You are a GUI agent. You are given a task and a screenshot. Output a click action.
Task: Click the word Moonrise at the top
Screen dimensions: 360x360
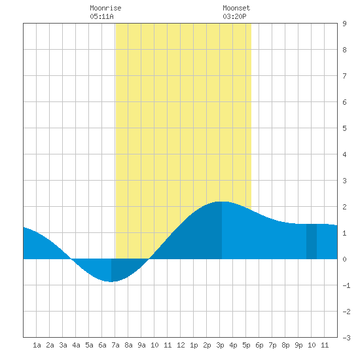click(105, 8)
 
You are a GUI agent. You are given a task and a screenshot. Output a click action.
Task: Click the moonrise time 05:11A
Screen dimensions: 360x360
click(101, 16)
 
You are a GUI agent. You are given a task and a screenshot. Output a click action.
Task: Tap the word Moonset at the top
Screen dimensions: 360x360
click(236, 8)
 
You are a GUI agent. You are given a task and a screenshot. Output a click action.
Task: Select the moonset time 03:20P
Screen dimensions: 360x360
click(234, 16)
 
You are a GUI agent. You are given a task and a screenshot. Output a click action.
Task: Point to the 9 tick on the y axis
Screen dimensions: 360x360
click(344, 24)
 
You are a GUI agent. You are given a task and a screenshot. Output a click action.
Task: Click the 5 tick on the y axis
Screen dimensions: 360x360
click(344, 128)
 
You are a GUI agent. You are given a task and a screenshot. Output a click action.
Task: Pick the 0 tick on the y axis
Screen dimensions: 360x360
click(344, 259)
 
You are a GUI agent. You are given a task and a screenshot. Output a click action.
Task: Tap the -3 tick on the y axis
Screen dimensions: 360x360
click(346, 338)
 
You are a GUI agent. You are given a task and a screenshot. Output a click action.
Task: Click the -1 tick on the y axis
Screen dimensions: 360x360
click(346, 285)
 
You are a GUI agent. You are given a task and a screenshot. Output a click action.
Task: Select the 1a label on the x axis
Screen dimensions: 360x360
click(37, 345)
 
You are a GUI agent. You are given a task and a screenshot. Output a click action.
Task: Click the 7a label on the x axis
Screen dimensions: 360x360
click(115, 345)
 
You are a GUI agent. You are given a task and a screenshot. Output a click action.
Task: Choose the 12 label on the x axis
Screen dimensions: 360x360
click(181, 345)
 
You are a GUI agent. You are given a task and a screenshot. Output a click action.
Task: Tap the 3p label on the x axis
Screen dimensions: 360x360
click(220, 345)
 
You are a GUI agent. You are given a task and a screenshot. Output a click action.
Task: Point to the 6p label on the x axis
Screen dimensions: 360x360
click(259, 345)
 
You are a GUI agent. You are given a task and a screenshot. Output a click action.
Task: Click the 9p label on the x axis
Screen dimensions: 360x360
click(298, 345)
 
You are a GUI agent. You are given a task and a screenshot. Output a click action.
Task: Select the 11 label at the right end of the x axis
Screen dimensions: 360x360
click(325, 345)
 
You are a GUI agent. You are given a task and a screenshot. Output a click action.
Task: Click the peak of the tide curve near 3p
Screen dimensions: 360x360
click(222, 202)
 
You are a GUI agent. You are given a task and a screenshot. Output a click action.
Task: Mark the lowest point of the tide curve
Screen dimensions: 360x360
click(111, 281)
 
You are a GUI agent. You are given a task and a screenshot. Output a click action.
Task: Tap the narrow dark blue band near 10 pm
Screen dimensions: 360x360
click(312, 242)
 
